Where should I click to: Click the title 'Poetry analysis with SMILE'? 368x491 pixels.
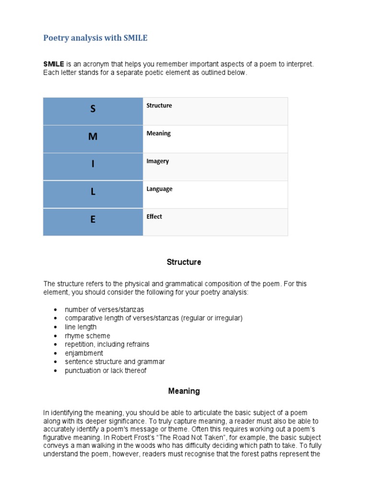click(95, 38)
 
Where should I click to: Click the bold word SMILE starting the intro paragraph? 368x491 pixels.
click(54, 64)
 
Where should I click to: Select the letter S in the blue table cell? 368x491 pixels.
click(93, 109)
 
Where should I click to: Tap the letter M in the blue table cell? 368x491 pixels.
click(93, 137)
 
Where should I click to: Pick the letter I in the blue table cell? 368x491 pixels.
click(93, 164)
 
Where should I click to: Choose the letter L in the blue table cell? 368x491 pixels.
click(93, 192)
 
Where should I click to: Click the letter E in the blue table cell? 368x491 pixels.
click(93, 220)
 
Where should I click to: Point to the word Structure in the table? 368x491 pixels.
click(159, 105)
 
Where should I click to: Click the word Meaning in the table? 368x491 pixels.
click(159, 133)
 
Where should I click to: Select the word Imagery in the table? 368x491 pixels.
click(158, 161)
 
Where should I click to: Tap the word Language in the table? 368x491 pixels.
click(160, 189)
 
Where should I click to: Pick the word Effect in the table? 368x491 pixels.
click(154, 216)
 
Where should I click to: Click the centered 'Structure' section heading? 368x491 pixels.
click(184, 262)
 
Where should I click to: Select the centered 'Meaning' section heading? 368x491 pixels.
click(184, 391)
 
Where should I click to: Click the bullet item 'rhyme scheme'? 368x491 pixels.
click(87, 336)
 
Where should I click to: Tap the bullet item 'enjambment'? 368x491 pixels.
click(84, 353)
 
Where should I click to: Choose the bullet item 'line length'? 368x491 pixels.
click(80, 327)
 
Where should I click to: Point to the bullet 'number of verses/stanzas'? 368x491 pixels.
click(104, 309)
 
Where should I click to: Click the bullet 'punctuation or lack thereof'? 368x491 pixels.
click(105, 371)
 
